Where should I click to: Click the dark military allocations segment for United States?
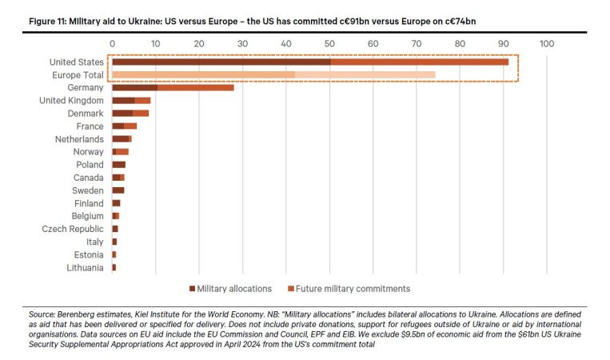pos(221,62)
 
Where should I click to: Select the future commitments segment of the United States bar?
pos(419,62)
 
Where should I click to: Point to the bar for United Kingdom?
pos(131,100)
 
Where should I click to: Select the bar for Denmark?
pos(130,113)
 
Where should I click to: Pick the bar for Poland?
pos(118,164)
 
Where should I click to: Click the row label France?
pos(89,126)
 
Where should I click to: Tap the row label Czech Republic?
pos(73,229)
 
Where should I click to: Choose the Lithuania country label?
pos(86,267)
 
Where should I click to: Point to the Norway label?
pos(88,151)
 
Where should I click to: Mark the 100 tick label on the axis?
pos(547,43)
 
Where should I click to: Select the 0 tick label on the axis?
pos(112,43)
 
